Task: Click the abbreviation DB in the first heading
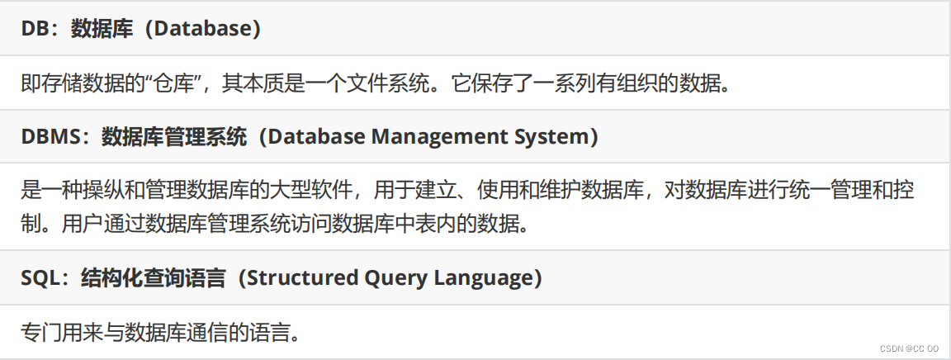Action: coord(35,29)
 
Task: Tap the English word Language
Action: coord(485,278)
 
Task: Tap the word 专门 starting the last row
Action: coord(40,333)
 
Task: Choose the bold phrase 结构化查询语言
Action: coord(153,278)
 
